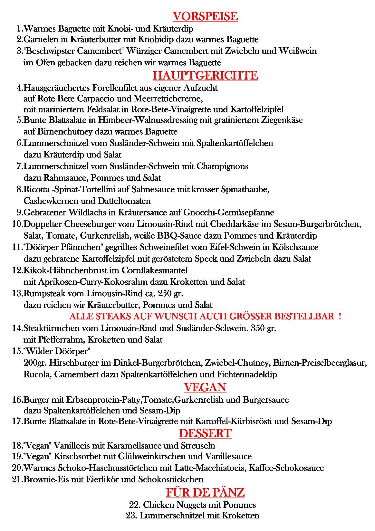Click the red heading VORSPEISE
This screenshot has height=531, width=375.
point(205,16)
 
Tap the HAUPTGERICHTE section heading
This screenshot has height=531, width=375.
point(205,75)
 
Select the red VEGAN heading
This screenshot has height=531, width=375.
point(205,387)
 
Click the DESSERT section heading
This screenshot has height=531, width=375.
point(205,433)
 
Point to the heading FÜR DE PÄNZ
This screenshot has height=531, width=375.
point(205,492)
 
